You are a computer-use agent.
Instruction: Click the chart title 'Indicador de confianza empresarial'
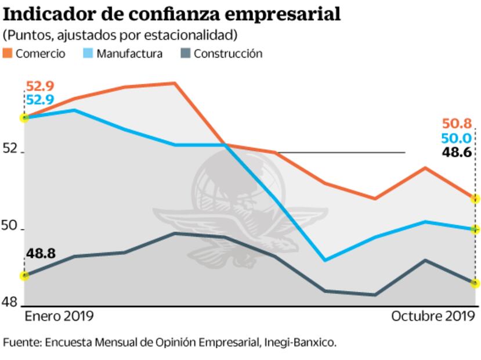(172, 13)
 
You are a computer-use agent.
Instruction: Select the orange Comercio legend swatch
(8, 54)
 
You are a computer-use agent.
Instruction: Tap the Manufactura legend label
(129, 54)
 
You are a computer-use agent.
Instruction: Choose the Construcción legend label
(228, 54)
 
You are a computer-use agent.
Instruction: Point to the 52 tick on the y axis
(10, 149)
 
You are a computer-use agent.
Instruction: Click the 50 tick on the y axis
(10, 226)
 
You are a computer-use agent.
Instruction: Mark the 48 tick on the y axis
(10, 302)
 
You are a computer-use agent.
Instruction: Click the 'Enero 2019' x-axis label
(59, 316)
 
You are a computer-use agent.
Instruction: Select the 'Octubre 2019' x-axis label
(433, 316)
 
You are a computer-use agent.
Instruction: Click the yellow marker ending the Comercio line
(476, 199)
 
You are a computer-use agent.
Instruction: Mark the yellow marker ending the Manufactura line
(476, 229)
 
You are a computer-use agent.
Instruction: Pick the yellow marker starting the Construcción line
(24, 276)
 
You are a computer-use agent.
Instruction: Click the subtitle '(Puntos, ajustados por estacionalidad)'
(120, 35)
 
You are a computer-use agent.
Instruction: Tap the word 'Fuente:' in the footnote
(21, 343)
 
